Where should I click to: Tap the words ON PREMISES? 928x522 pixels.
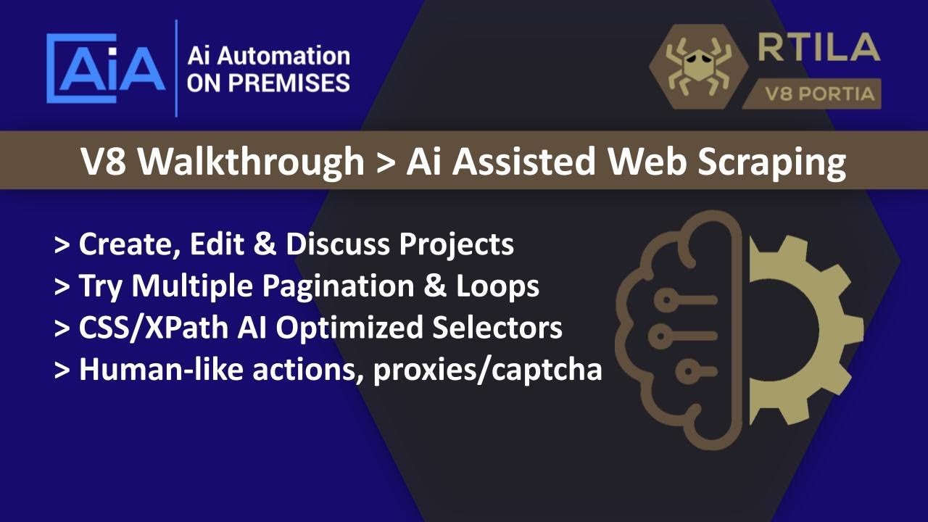[x=268, y=83]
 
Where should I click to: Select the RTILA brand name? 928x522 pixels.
[x=819, y=49]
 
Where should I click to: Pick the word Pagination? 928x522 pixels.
[x=332, y=286]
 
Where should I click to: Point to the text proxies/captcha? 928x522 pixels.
[x=487, y=370]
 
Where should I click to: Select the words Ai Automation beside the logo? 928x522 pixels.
[x=268, y=55]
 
